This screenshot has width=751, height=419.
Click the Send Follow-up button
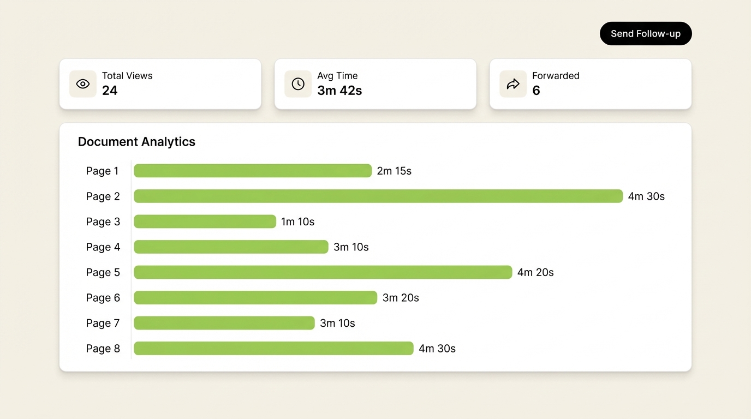(x=646, y=34)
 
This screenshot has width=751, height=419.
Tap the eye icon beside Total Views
(x=83, y=84)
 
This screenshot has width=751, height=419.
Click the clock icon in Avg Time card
(x=298, y=84)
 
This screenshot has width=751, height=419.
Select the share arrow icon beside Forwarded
(x=513, y=84)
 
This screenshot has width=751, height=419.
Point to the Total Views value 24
(x=110, y=91)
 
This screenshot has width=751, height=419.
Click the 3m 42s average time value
(x=339, y=91)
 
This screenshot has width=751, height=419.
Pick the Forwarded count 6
(x=536, y=91)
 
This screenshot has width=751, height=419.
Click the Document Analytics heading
(x=136, y=142)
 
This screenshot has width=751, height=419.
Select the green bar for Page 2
(x=378, y=196)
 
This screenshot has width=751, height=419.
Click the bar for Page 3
(x=205, y=222)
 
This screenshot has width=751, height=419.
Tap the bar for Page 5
(x=323, y=272)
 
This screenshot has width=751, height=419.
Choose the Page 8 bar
(x=273, y=349)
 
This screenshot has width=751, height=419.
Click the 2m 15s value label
(x=394, y=171)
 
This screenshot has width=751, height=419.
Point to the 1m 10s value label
(x=297, y=222)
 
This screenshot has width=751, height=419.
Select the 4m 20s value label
(x=535, y=273)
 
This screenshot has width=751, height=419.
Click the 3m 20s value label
(x=401, y=298)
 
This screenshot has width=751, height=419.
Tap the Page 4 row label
(x=103, y=247)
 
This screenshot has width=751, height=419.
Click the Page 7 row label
(x=103, y=324)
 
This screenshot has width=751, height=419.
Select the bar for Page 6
(x=255, y=298)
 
